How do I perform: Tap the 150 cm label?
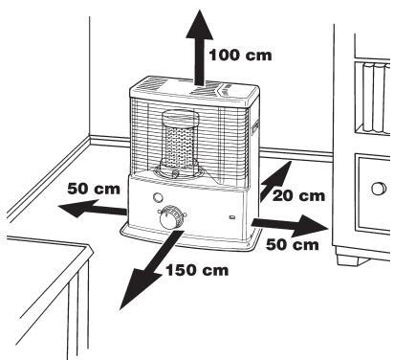(197, 271)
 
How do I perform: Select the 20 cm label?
(298, 195)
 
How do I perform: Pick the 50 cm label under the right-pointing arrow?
(291, 245)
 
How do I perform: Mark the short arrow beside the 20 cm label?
(275, 178)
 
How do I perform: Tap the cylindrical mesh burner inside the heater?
(178, 144)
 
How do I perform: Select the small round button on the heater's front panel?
(157, 202)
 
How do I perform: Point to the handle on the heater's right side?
(255, 138)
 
